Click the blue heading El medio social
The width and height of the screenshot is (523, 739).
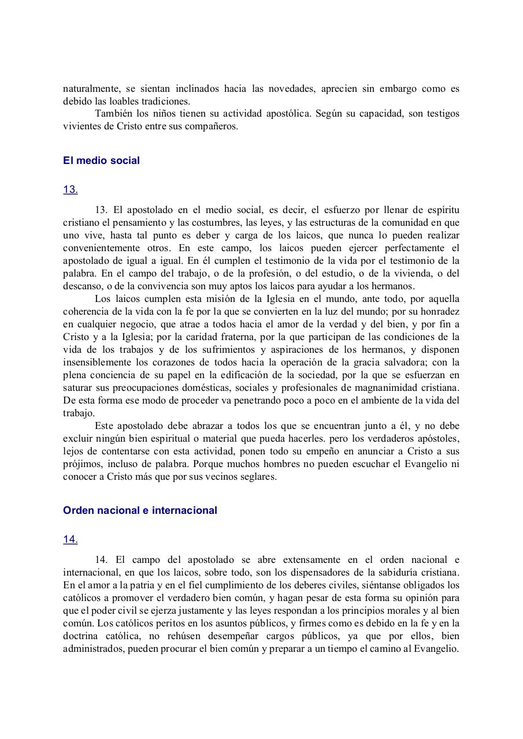pos(101,161)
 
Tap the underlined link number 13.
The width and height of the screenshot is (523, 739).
pos(70,189)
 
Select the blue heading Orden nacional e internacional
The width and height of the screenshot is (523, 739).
pos(140,510)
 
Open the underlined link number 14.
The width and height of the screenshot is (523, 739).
pos(70,539)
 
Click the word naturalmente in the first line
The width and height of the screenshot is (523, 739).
pos(90,89)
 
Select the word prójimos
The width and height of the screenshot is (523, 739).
pos(81,464)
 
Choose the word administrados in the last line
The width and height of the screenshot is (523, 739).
pos(93,648)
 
